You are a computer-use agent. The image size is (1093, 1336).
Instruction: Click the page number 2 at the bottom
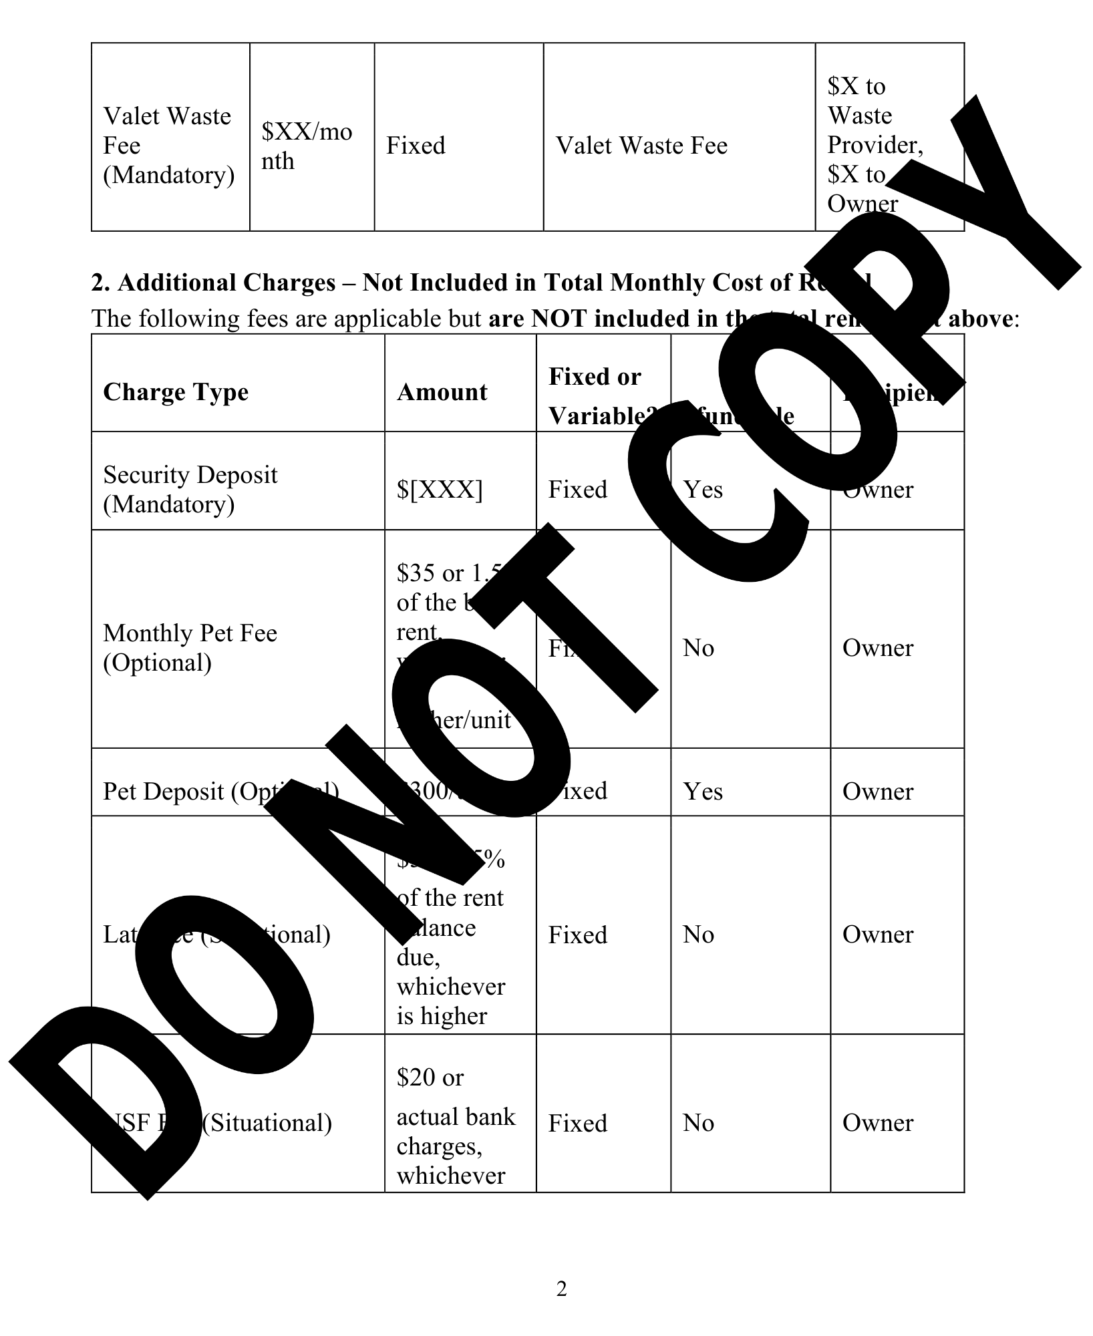click(x=561, y=1289)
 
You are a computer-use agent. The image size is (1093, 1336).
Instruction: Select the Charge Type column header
click(x=176, y=392)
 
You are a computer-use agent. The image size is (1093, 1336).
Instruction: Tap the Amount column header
click(x=442, y=392)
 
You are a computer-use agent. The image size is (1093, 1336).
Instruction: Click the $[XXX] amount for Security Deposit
click(x=439, y=490)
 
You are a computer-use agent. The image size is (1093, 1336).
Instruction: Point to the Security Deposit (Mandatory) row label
click(x=190, y=489)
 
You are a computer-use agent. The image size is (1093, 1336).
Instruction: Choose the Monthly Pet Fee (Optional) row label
click(x=190, y=647)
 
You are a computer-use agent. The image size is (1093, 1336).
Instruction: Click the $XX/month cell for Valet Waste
click(x=306, y=146)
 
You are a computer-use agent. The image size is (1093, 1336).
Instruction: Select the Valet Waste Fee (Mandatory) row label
click(x=168, y=146)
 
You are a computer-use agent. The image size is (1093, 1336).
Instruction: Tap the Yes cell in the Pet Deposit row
click(x=702, y=792)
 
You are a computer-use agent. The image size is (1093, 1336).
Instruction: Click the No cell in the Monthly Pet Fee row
click(x=698, y=648)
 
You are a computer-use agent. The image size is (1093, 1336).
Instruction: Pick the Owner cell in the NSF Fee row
click(x=877, y=1123)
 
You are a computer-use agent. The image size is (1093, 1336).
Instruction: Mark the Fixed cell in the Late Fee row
click(x=577, y=935)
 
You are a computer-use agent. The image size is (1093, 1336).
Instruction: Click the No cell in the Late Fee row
click(x=698, y=935)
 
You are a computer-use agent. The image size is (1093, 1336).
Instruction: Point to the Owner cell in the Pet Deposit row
click(x=877, y=792)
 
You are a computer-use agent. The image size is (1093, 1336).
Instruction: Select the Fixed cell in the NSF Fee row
click(x=577, y=1124)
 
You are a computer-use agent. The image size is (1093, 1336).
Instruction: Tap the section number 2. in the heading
click(x=100, y=283)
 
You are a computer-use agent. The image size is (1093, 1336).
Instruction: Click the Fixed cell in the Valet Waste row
click(x=415, y=146)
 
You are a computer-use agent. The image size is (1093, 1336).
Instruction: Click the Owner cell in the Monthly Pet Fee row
click(x=877, y=648)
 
